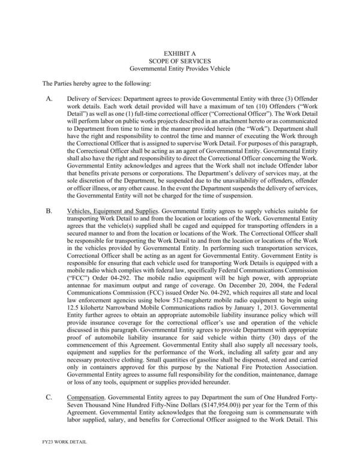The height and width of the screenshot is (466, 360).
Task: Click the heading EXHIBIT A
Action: [181, 53]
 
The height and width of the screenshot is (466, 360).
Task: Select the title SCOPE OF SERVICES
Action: [181, 61]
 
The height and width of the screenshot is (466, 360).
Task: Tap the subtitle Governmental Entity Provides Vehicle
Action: [181, 69]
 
